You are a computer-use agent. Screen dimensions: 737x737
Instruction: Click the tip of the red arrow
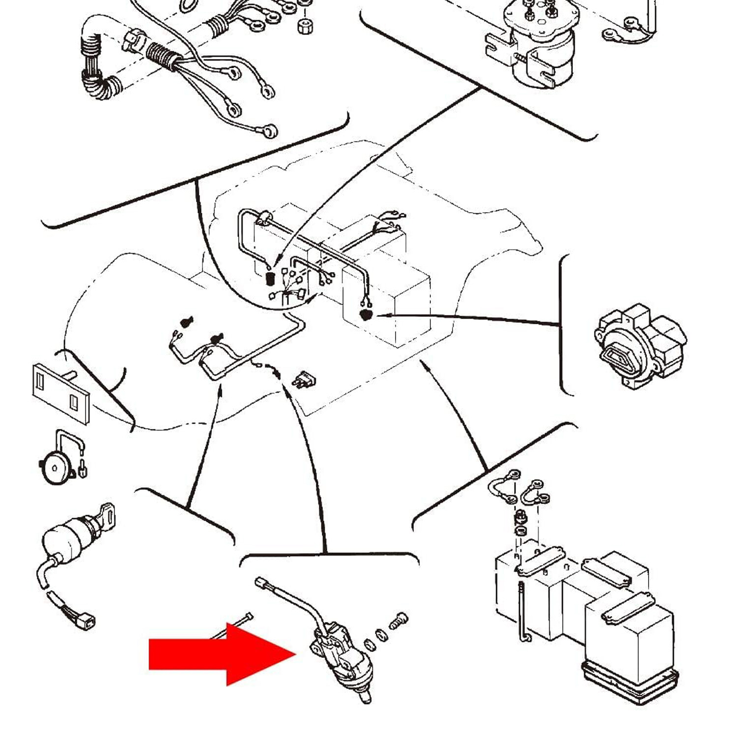pyautogui.click(x=295, y=653)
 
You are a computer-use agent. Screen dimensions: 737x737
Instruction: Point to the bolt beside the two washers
pyautogui.click(x=398, y=621)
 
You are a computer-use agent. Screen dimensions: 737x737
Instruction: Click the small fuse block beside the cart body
pyautogui.click(x=305, y=380)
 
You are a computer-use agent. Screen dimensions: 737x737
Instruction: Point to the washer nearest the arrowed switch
pyautogui.click(x=369, y=644)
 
